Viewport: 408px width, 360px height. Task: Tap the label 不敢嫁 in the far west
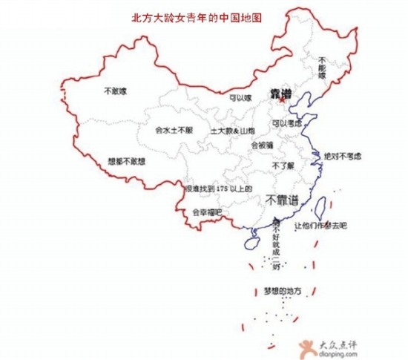(115, 91)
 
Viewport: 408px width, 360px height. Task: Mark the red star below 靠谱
(281, 102)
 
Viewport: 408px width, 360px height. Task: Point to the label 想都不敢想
(127, 160)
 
